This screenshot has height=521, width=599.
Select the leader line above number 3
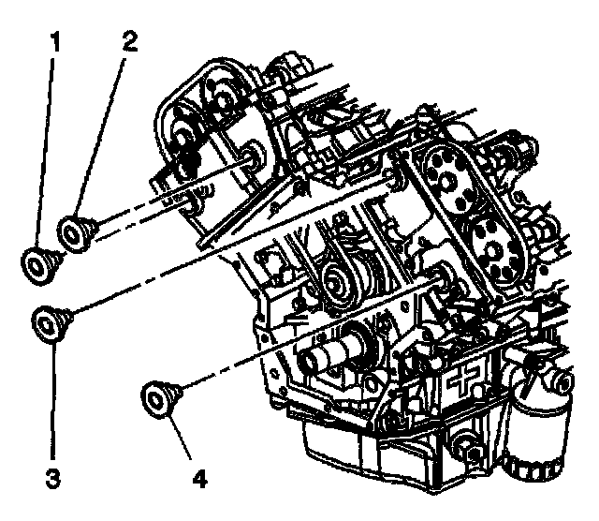point(53,403)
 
